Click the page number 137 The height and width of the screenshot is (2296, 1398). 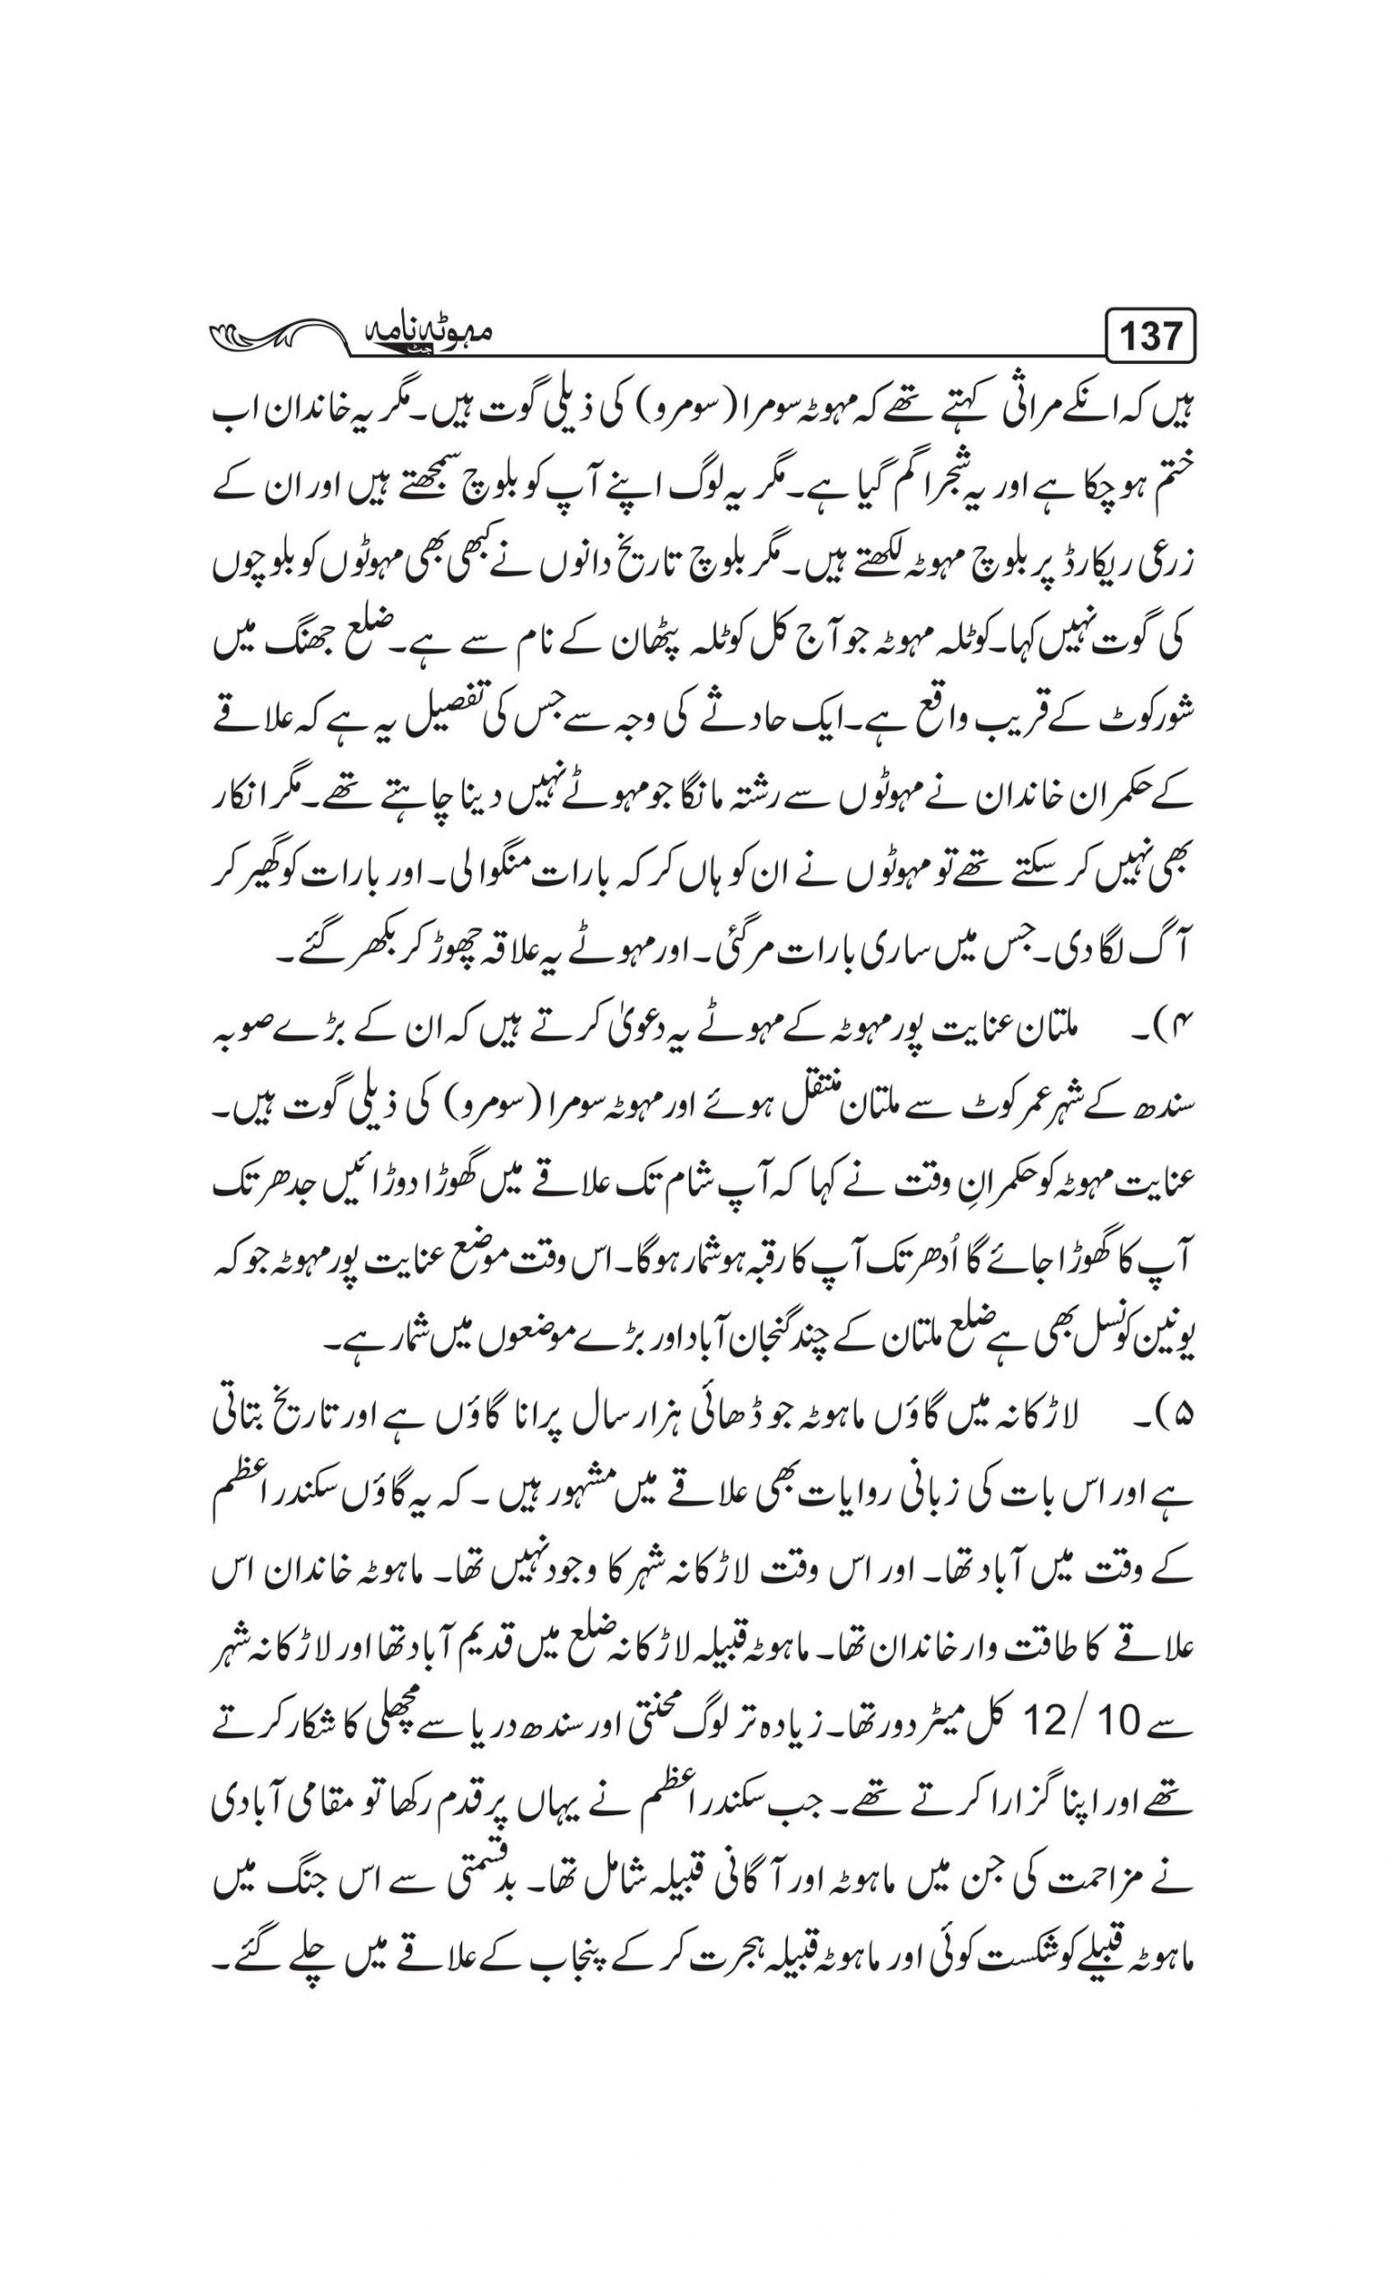click(1151, 335)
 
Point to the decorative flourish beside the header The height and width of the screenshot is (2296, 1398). click(280, 335)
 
